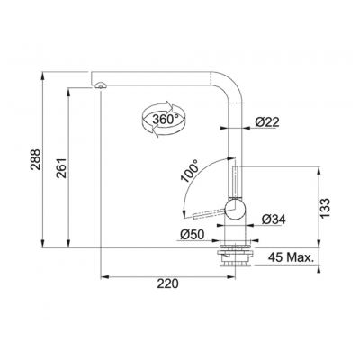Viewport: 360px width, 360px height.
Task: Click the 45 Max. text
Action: [x=295, y=259]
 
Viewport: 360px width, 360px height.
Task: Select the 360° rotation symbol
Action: [x=161, y=119]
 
